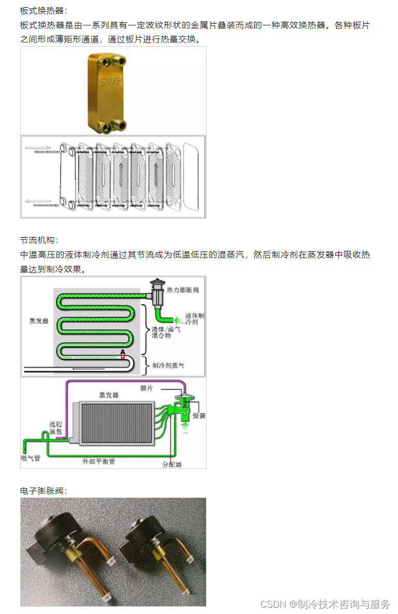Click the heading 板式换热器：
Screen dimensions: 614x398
43,10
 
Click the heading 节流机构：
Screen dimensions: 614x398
39,240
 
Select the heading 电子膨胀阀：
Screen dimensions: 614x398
43,490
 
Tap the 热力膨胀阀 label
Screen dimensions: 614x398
182,290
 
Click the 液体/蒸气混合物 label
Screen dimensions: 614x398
166,333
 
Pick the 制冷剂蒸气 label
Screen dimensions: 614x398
168,365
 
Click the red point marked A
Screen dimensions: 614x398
123,357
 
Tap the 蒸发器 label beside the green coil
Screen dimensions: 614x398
39,321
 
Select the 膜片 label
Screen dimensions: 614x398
146,388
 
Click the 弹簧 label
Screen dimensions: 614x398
199,416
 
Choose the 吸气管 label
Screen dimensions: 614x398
31,458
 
